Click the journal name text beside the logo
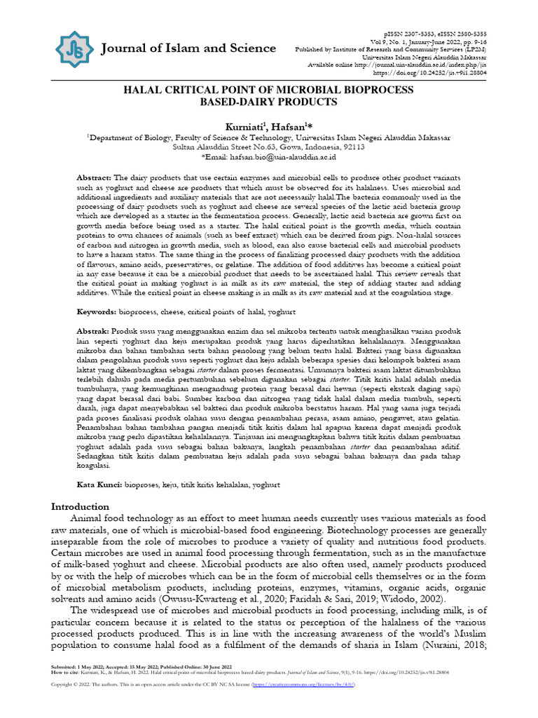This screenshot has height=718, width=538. (x=188, y=48)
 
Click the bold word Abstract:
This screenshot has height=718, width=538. (x=94, y=179)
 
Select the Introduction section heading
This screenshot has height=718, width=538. (x=81, y=506)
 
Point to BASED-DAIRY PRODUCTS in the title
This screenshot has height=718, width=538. (x=269, y=102)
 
